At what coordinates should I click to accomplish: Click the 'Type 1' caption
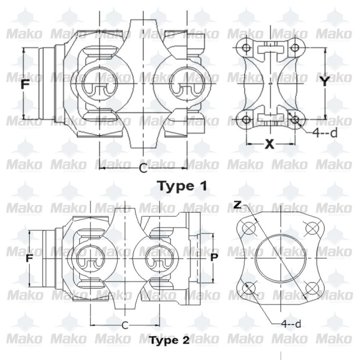pyautogui.click(x=183, y=186)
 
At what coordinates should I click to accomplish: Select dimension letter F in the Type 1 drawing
pyautogui.click(x=25, y=85)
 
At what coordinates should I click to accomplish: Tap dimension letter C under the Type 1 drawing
pyautogui.click(x=143, y=168)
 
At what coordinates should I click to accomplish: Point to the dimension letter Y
pyautogui.click(x=324, y=82)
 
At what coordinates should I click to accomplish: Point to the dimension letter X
pyautogui.click(x=270, y=144)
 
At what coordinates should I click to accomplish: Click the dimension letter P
pyautogui.click(x=214, y=258)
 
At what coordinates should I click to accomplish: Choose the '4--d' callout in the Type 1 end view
pyautogui.click(x=324, y=133)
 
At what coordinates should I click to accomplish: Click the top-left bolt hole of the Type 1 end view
pyautogui.click(x=246, y=48)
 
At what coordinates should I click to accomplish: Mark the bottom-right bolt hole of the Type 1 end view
pyautogui.click(x=296, y=120)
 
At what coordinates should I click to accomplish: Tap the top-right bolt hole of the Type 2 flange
pyautogui.click(x=311, y=228)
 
